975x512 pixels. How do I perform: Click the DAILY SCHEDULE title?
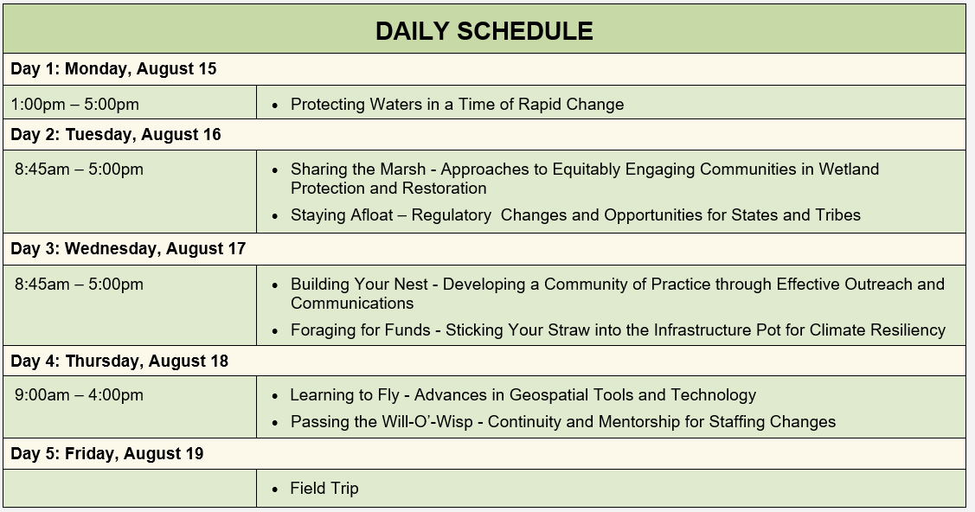click(x=484, y=31)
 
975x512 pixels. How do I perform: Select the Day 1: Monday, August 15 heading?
click(x=114, y=68)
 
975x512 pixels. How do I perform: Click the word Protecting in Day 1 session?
click(x=328, y=105)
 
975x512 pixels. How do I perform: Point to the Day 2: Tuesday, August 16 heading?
click(x=116, y=134)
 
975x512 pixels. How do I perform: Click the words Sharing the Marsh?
click(x=358, y=169)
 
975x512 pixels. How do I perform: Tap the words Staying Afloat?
click(x=342, y=215)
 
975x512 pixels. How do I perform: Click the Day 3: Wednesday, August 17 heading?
click(x=128, y=248)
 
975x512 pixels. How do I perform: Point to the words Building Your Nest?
click(x=359, y=284)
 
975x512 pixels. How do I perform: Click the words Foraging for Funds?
click(x=361, y=330)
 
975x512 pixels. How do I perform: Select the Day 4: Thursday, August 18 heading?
click(x=119, y=361)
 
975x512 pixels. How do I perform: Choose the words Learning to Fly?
click(x=345, y=395)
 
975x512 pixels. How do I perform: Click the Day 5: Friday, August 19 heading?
click(x=107, y=453)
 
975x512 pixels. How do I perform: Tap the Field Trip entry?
click(x=324, y=489)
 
